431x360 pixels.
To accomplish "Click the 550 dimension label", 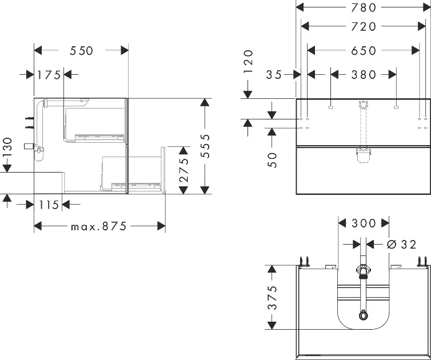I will point(81,51).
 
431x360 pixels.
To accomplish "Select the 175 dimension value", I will point(49,74).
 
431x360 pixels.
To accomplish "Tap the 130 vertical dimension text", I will point(7,148).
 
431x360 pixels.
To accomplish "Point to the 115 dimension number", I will point(49,204).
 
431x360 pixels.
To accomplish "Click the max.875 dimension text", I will point(98,226).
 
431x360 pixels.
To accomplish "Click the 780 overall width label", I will point(364,7).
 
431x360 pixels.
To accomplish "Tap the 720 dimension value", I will point(364,26).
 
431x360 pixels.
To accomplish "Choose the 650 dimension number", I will point(364,51).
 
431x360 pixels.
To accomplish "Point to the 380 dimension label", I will point(364,74).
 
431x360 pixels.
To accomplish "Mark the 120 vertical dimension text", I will point(248,62).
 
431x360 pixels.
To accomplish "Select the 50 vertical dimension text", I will point(273,159).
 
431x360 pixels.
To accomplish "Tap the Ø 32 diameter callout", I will point(401,244).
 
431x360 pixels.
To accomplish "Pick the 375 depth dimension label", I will point(273,297).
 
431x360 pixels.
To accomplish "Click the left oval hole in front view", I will point(331,106).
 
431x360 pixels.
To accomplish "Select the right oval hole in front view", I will point(396,106).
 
